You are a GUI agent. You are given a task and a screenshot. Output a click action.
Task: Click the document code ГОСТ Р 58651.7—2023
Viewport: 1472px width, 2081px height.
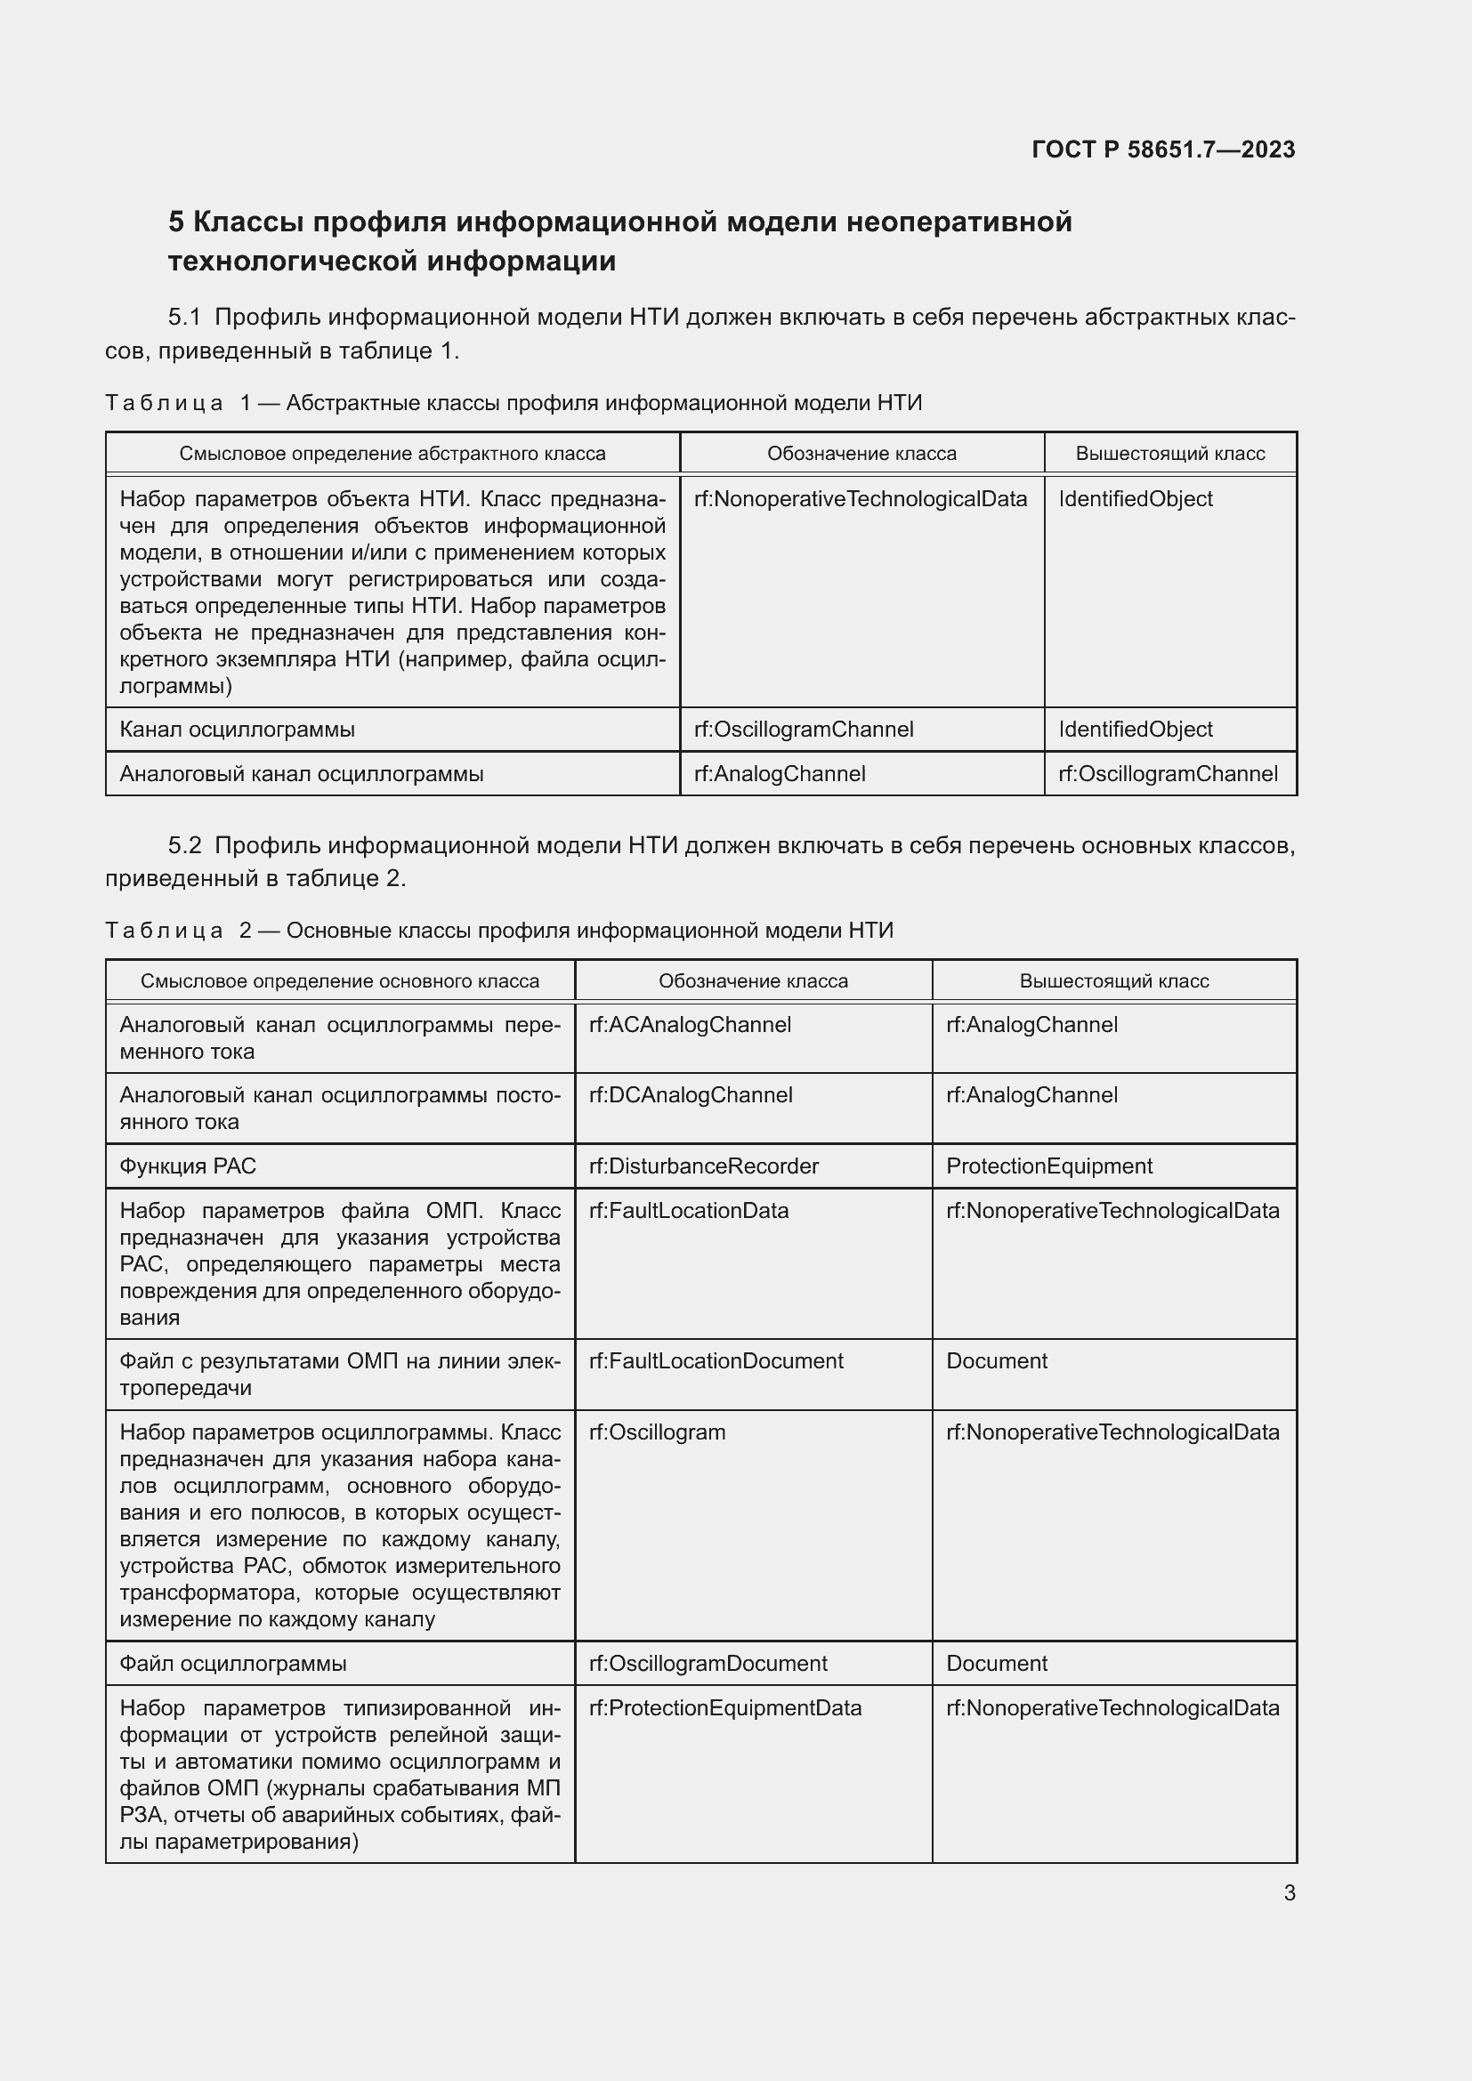[x=1163, y=149]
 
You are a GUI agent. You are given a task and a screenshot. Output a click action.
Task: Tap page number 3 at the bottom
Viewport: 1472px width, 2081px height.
[x=1289, y=1892]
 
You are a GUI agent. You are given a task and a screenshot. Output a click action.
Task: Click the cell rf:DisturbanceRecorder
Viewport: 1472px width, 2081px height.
[x=703, y=1166]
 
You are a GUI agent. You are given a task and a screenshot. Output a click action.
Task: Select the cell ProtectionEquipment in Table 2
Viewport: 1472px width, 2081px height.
[x=1048, y=1166]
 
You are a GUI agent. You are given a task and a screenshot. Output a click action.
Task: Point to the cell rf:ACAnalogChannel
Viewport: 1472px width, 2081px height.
[x=690, y=1025]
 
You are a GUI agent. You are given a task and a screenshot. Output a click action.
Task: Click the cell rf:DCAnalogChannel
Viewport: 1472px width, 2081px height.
[x=691, y=1095]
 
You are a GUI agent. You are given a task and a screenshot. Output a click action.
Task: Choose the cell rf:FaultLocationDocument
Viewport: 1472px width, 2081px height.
[x=716, y=1361]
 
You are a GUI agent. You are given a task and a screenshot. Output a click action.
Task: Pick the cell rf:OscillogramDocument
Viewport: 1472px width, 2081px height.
[x=708, y=1664]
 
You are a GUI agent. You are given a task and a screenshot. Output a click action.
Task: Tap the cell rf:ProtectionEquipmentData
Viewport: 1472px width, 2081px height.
[x=725, y=1708]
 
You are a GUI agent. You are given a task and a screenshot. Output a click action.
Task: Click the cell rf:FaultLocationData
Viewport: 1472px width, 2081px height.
[x=689, y=1211]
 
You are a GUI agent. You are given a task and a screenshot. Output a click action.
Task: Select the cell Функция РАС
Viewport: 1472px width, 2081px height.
[x=188, y=1166]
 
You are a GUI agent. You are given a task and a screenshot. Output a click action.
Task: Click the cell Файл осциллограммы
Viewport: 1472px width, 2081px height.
[x=233, y=1664]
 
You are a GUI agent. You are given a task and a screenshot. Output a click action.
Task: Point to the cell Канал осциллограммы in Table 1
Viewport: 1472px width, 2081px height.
[x=237, y=730]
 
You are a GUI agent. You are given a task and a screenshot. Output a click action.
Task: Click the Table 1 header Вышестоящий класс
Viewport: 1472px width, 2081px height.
[x=1169, y=453]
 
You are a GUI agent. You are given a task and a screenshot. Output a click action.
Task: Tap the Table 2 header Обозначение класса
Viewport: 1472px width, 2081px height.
[x=752, y=980]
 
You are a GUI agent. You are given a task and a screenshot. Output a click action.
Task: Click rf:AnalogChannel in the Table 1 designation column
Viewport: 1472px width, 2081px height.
[x=780, y=774]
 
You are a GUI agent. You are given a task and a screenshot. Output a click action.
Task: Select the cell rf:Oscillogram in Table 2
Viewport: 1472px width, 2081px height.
[x=657, y=1432]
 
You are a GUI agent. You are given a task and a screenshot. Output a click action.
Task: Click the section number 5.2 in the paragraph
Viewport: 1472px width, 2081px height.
[x=184, y=845]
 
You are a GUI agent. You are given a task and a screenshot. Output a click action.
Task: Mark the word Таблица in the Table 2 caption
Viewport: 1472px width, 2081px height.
[x=164, y=931]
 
